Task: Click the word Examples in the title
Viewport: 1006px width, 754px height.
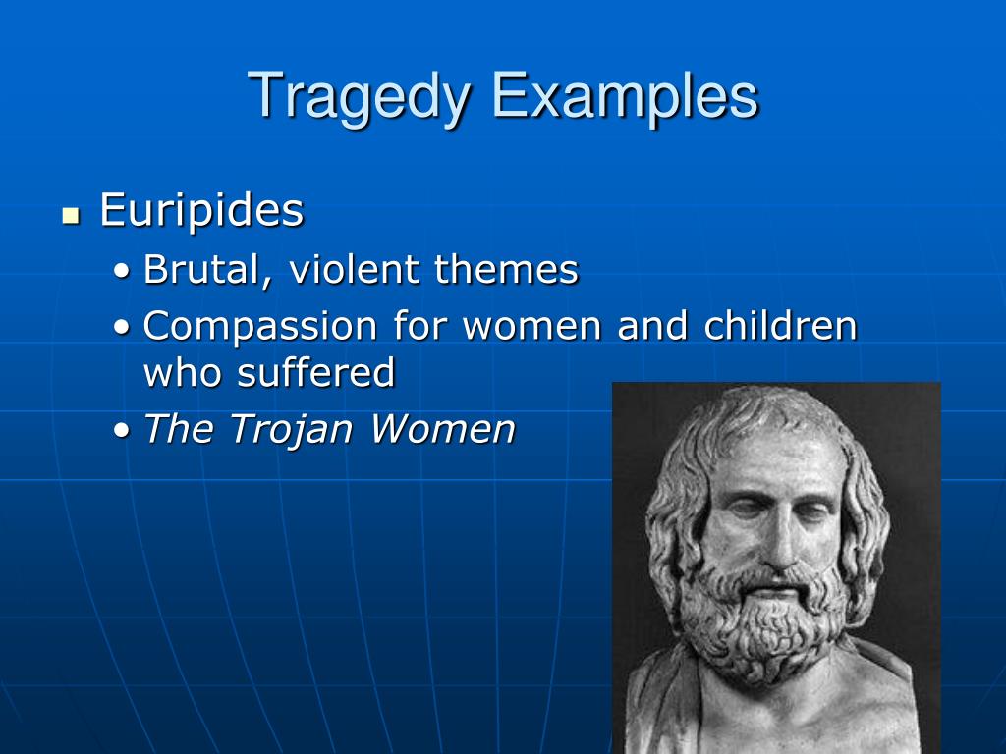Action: coord(625,96)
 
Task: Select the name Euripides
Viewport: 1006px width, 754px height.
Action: coord(201,210)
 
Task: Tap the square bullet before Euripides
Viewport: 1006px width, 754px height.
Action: coord(70,214)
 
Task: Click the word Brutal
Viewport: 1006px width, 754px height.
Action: coord(201,269)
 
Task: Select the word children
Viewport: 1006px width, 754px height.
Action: coord(780,326)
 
